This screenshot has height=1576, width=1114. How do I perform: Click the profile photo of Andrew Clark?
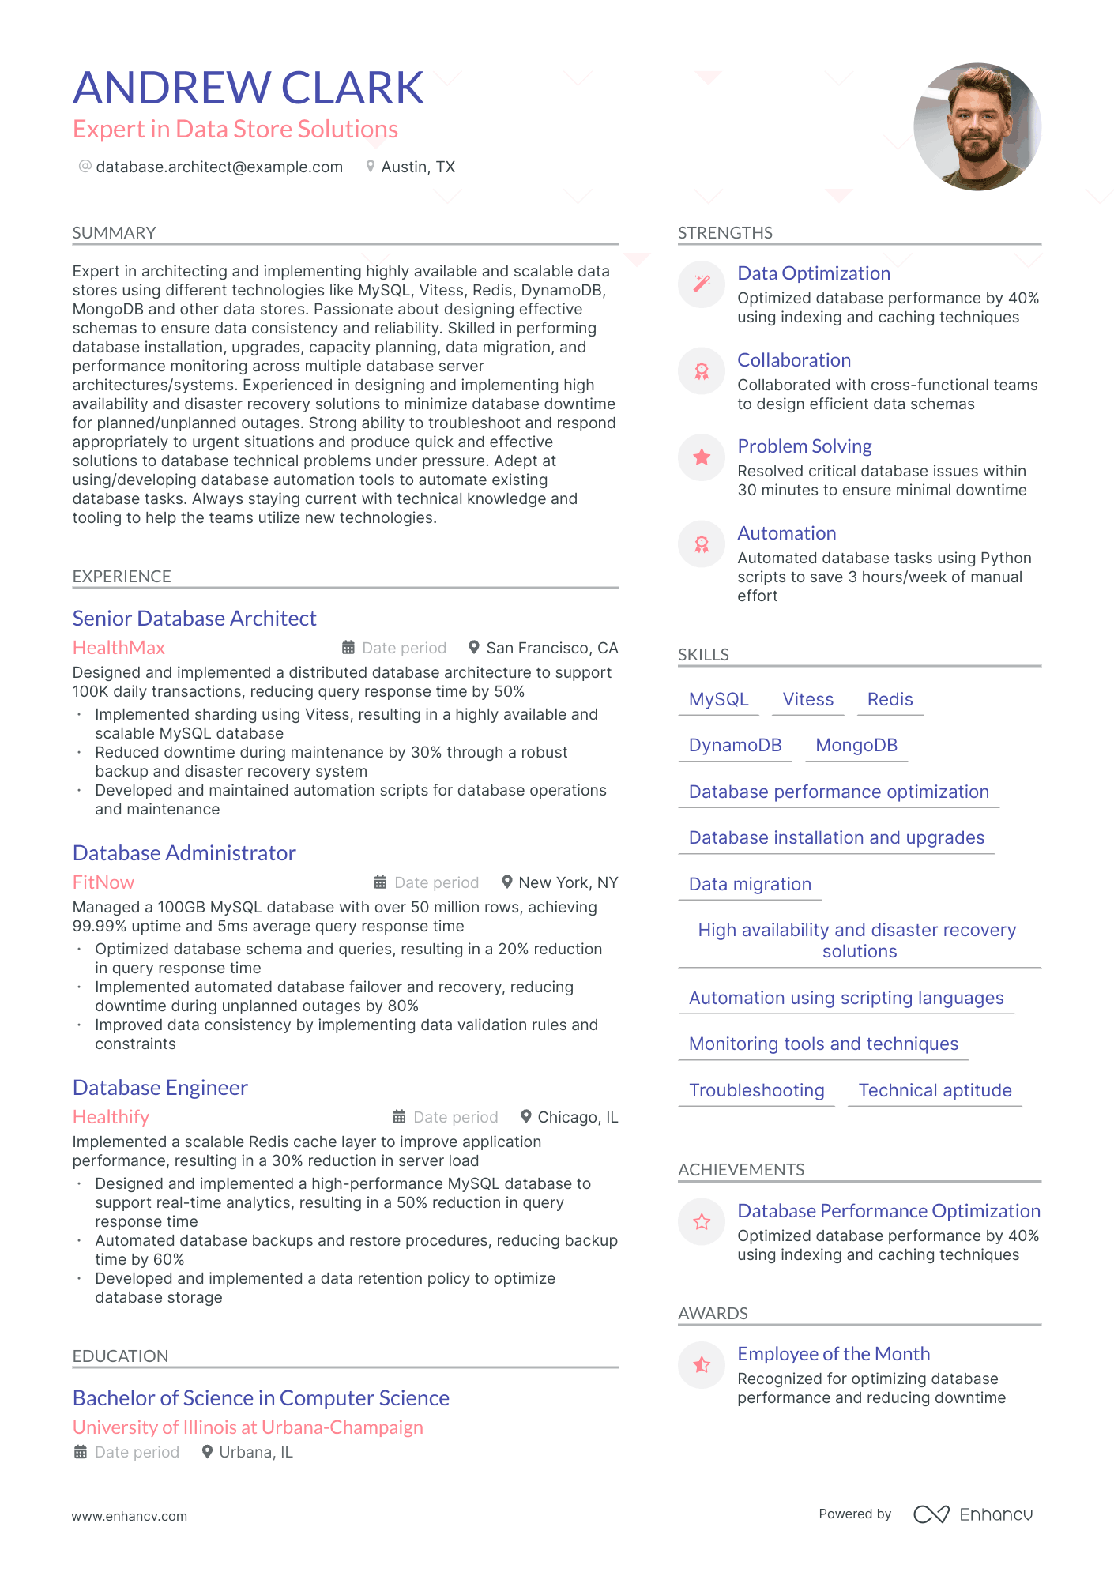pos(977,126)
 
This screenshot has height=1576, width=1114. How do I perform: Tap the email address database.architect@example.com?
pos(219,167)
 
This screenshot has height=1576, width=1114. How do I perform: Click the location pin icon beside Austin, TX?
pos(370,167)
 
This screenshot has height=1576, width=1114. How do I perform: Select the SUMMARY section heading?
pos(114,233)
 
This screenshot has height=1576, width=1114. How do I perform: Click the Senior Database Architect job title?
pos(194,619)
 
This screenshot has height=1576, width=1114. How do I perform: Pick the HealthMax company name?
pos(119,648)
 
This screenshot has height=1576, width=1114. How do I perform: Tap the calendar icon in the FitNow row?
pos(380,882)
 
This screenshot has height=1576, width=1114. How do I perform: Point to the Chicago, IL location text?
pos(578,1117)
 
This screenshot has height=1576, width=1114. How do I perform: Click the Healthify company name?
pos(111,1117)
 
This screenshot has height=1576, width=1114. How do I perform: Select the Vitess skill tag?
pos(807,699)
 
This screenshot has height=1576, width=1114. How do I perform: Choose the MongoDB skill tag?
pos(856,745)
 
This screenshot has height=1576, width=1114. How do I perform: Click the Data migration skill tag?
pos(750,884)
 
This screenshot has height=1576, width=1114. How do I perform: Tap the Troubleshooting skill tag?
pos(756,1090)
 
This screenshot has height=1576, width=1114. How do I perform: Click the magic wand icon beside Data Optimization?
pos(702,284)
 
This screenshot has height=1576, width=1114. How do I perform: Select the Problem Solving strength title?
pos(804,446)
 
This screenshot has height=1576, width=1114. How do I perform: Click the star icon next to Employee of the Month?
pos(702,1365)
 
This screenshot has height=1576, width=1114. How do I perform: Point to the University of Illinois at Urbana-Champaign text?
pos(247,1427)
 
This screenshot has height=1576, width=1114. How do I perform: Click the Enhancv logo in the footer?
pos(973,1514)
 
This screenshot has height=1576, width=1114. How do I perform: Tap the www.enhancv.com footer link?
pos(130,1516)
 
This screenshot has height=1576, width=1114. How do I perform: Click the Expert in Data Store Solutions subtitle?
pos(235,130)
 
